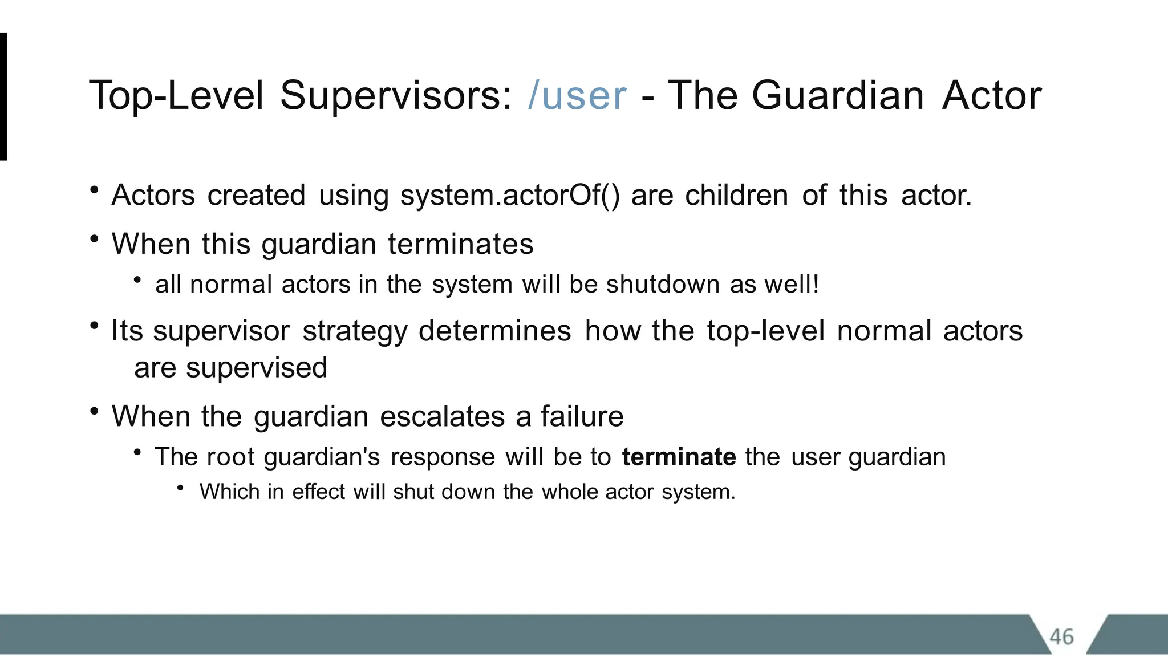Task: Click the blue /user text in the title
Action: [577, 96]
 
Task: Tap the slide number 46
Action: [1061, 636]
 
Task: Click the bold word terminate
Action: [679, 457]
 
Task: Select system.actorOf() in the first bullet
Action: [510, 196]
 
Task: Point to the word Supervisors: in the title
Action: [396, 96]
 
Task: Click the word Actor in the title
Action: [991, 96]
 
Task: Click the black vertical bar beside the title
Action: [3, 96]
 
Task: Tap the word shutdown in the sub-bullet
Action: [663, 285]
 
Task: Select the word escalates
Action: [442, 416]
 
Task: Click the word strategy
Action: [355, 331]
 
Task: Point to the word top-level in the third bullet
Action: [765, 331]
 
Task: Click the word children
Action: [736, 196]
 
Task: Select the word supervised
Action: [257, 368]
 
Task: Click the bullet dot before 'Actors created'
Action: [95, 190]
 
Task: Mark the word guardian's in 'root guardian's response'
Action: [322, 457]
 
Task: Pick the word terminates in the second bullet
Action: [461, 244]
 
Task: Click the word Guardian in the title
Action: [837, 96]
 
